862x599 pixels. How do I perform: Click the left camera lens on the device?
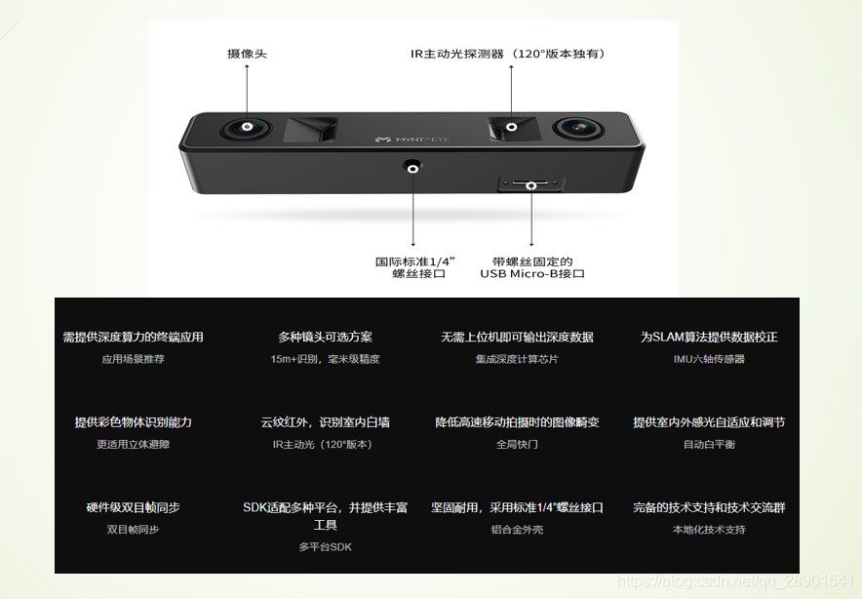click(247, 129)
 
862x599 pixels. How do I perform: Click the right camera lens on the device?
click(578, 129)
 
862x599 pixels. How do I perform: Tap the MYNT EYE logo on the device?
click(412, 140)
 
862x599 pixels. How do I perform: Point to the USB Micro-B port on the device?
click(531, 183)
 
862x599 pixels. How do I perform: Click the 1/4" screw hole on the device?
click(412, 166)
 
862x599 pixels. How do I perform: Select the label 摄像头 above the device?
click(247, 54)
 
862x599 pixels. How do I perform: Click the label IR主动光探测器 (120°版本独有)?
click(507, 54)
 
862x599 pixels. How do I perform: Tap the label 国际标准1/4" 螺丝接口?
click(415, 267)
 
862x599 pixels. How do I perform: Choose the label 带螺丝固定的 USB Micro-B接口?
click(532, 267)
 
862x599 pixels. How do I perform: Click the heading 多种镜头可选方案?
click(325, 337)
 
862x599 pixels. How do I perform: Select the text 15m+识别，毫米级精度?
click(325, 359)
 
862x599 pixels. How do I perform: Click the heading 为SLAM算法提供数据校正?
click(709, 337)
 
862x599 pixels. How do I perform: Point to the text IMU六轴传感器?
click(709, 359)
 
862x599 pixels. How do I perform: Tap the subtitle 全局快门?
click(517, 445)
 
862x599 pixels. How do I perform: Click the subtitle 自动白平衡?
click(709, 445)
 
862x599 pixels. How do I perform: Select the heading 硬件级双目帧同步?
click(133, 507)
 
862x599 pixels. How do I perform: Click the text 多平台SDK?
click(325, 547)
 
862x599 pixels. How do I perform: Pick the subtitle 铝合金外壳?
click(517, 530)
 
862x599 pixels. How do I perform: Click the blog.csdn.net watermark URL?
click(735, 580)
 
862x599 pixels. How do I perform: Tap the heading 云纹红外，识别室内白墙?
click(325, 421)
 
